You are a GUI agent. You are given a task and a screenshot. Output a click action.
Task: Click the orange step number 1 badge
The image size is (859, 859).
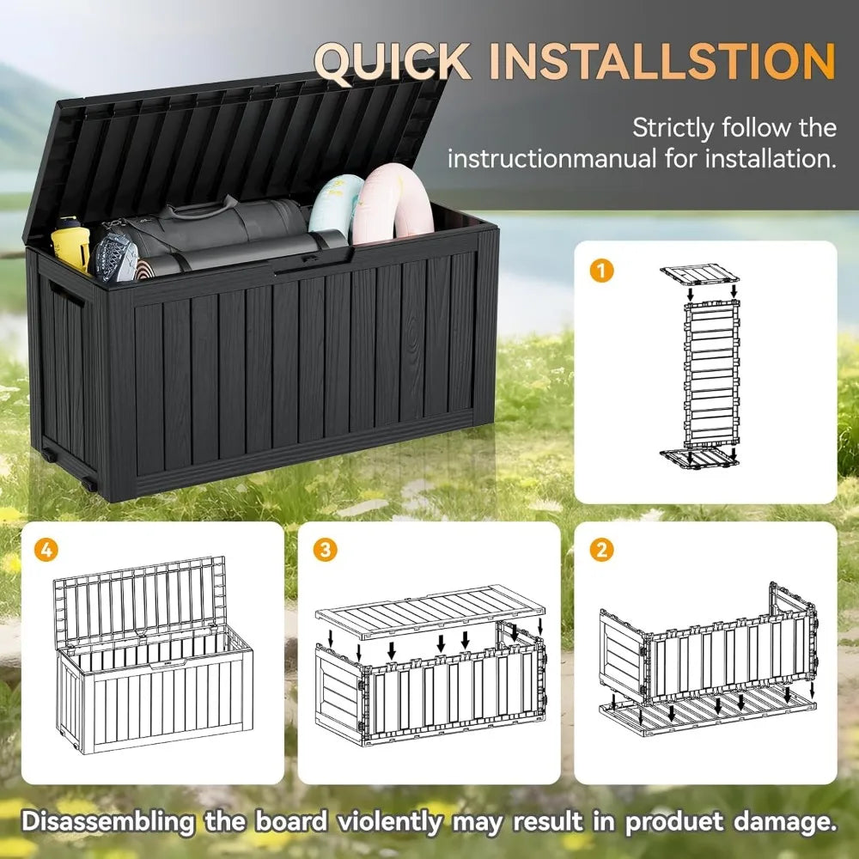click(x=603, y=271)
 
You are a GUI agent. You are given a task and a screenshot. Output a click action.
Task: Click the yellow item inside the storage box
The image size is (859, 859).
click(x=70, y=245)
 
